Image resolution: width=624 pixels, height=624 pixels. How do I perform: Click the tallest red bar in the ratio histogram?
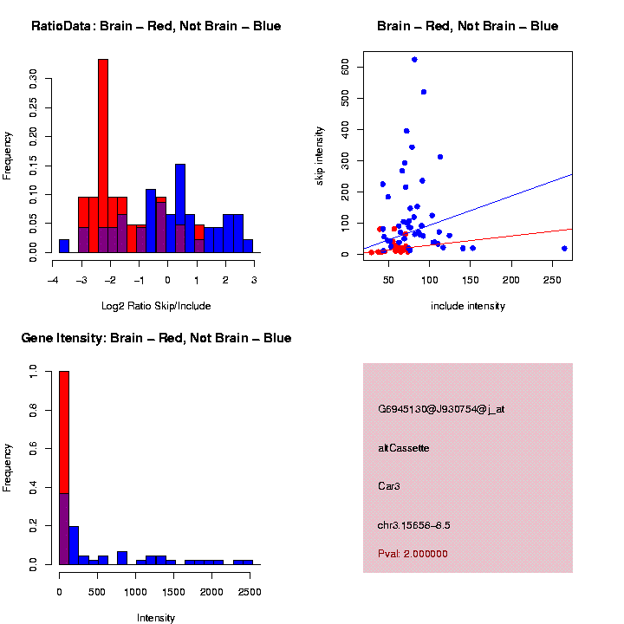[103, 156]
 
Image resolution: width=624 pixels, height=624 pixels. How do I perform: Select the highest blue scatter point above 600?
[414, 60]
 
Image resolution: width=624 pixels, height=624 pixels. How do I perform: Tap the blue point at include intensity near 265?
[564, 249]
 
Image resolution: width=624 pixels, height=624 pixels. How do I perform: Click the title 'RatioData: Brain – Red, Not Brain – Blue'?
[156, 26]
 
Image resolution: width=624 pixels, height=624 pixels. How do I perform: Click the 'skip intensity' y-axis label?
[320, 155]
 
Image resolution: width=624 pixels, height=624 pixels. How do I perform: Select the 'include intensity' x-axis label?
[467, 306]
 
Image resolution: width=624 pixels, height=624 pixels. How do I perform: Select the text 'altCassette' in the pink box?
[404, 448]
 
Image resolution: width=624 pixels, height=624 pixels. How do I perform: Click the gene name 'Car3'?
[389, 486]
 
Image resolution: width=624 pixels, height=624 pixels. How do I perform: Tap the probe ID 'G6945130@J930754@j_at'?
[441, 409]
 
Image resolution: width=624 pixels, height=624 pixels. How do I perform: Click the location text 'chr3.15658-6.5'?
[414, 525]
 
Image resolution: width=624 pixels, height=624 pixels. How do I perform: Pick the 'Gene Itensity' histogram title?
[156, 338]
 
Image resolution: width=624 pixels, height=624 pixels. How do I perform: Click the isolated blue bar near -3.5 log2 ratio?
[64, 246]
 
